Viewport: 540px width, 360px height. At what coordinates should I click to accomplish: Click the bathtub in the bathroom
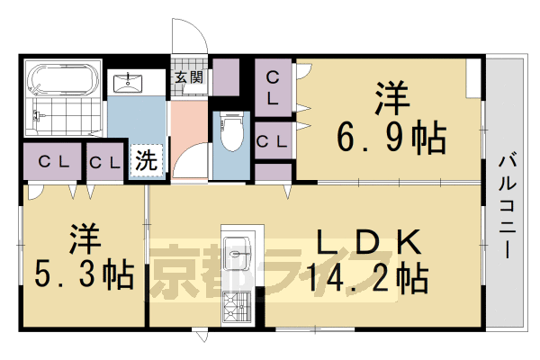(x=61, y=80)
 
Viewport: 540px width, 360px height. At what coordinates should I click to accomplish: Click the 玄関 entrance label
(x=189, y=77)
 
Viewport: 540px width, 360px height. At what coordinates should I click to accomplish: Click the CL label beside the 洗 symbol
(x=106, y=163)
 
